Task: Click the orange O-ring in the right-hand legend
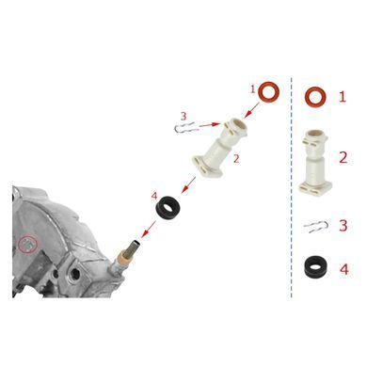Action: (315, 91)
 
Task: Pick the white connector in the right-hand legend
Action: (315, 161)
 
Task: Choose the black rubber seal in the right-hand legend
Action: (314, 267)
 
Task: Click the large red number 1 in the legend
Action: (343, 97)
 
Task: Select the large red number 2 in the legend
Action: (343, 157)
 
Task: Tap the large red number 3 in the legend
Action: (343, 226)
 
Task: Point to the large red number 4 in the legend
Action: (344, 269)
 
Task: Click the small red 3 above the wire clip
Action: (183, 117)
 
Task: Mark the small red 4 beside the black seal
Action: (154, 197)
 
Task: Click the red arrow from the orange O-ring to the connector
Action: (251, 110)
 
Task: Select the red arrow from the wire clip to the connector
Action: (210, 125)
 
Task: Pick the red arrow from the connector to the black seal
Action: (188, 185)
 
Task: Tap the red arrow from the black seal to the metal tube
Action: (149, 230)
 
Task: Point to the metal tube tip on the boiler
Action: (136, 243)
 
